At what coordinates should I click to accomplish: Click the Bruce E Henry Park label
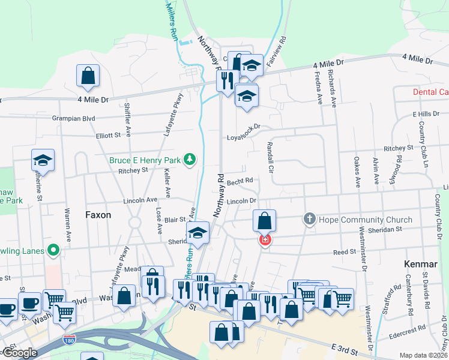click(145, 160)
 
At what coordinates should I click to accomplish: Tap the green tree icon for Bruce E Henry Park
click(190, 159)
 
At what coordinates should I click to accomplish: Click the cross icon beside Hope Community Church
click(310, 219)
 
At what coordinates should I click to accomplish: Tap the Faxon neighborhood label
click(98, 214)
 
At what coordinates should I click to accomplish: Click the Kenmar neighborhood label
click(421, 264)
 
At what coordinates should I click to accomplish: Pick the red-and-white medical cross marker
click(264, 241)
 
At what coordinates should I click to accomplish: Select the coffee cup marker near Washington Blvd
click(29, 302)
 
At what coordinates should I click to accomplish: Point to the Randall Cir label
click(270, 157)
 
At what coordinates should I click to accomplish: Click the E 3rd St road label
click(345, 349)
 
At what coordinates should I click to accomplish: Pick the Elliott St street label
click(109, 136)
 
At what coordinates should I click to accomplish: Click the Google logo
click(20, 353)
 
